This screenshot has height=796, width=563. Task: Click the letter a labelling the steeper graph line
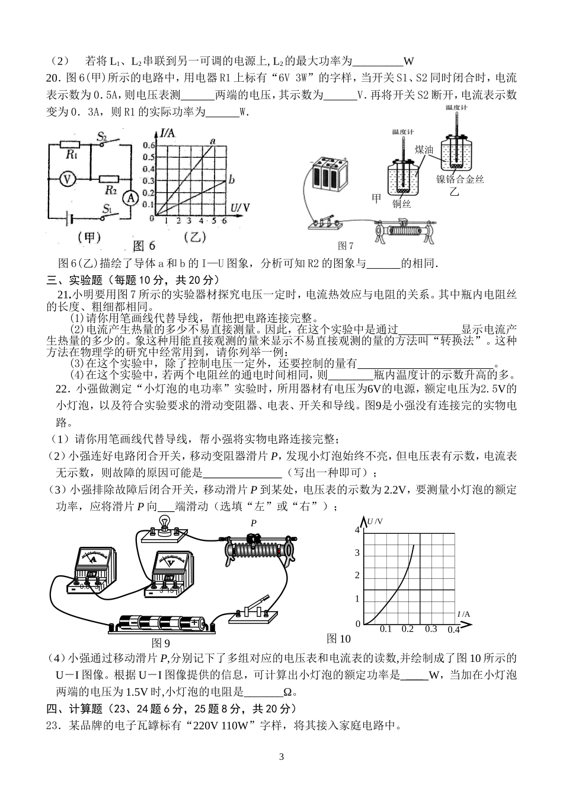pos(212,141)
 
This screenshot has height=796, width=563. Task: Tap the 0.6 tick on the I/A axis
pos(148,145)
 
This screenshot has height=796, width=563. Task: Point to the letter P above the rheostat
pos(254,523)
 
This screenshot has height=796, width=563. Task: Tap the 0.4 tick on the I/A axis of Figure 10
pos(453,629)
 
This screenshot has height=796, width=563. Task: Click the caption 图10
pos(338,638)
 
